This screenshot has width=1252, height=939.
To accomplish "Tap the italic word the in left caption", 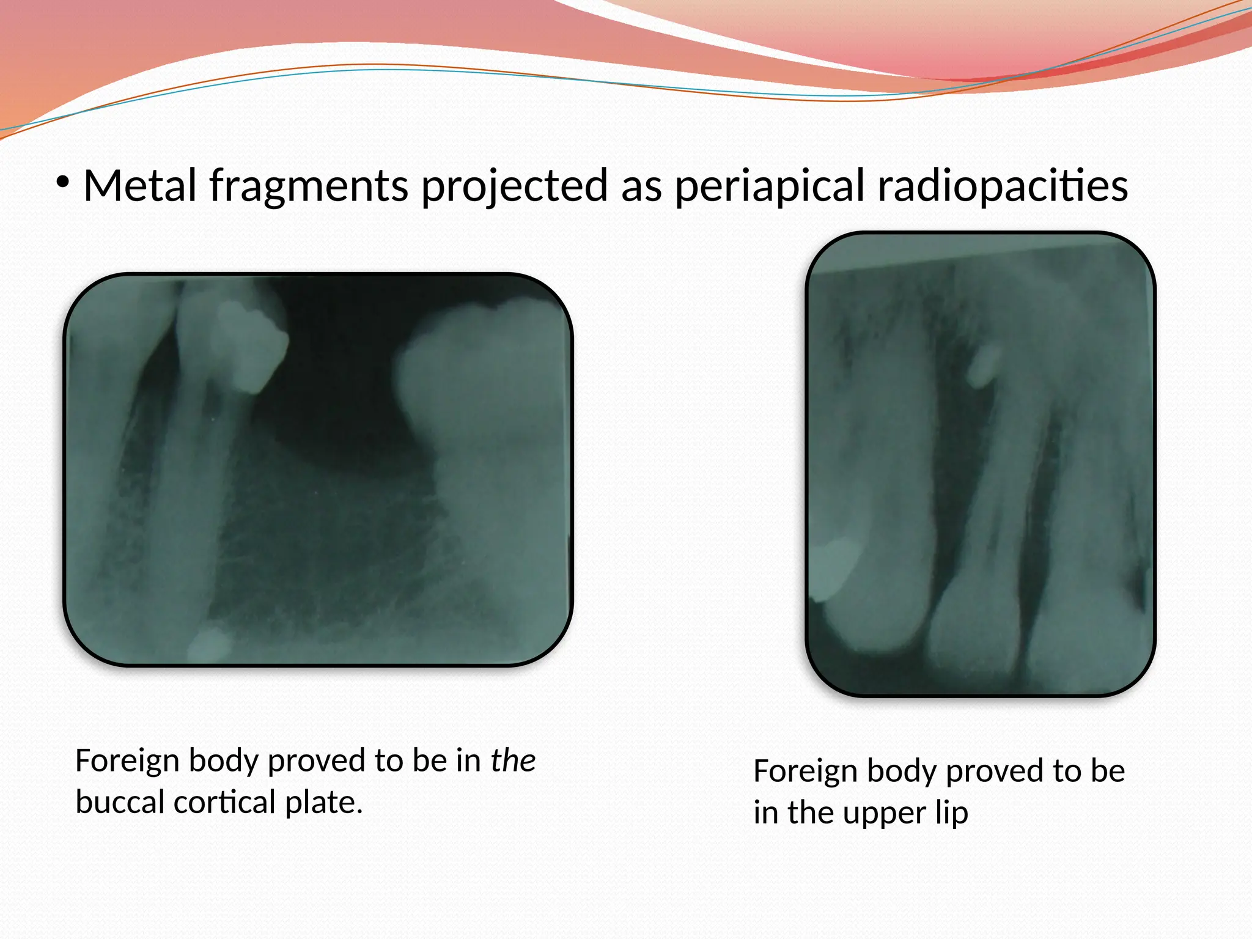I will point(513,760).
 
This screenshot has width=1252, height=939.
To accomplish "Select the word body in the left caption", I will point(223,760).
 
